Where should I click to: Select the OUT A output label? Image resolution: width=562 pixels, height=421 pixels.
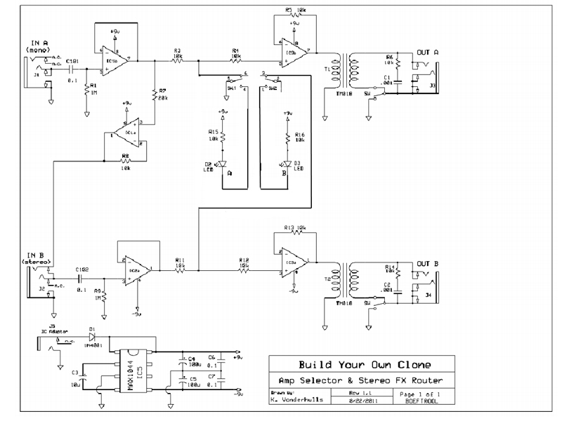click(x=427, y=53)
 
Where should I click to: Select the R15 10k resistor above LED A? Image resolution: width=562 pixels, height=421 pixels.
click(x=223, y=138)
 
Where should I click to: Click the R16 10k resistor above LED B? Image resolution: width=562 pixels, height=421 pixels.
click(x=286, y=138)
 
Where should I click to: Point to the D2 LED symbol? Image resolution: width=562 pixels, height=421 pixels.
click(x=223, y=166)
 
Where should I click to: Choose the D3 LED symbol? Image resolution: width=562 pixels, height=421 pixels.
click(x=286, y=166)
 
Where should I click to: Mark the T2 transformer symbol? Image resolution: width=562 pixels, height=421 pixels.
click(x=341, y=281)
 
